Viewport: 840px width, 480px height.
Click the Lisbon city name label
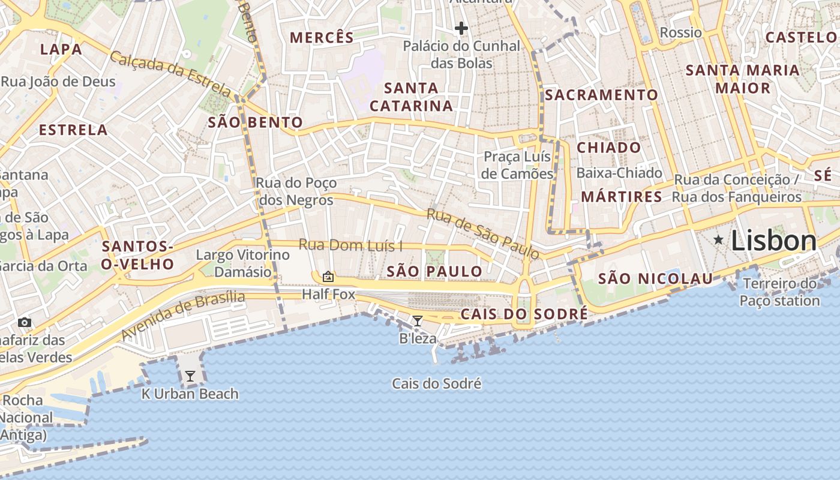point(773,241)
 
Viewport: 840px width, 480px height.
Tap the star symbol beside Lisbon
point(718,240)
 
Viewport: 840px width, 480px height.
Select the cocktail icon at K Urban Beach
point(190,376)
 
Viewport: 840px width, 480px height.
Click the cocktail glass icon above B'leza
point(418,321)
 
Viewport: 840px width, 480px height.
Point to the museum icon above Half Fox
point(328,277)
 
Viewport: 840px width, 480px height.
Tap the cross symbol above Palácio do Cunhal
point(461,28)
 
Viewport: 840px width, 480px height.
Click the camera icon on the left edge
point(25,322)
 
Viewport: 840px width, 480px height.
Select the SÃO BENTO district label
point(255,123)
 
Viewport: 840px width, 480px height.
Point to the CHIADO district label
point(608,148)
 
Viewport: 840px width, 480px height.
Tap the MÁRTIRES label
point(621,197)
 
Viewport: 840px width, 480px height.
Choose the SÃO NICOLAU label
point(655,278)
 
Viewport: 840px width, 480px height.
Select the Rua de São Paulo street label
point(482,234)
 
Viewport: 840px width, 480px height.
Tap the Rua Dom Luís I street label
point(350,245)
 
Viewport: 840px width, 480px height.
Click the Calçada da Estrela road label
point(170,73)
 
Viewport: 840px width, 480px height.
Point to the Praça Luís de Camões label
point(518,166)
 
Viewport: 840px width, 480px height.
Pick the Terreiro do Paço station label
point(779,292)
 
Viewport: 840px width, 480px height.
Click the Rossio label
point(680,32)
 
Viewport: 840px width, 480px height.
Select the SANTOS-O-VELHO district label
point(137,255)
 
